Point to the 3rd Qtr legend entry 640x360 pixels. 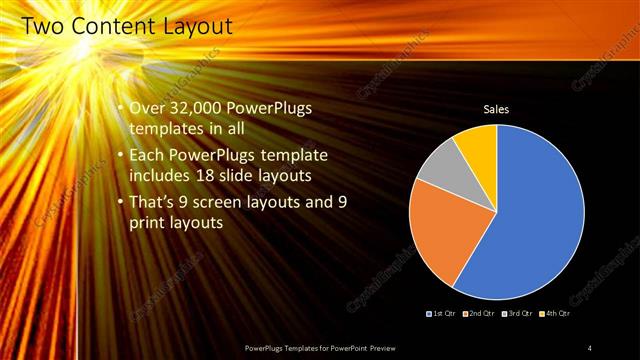pos(517,313)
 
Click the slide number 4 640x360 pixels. pos(589,347)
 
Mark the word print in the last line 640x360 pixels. pos(148,223)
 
